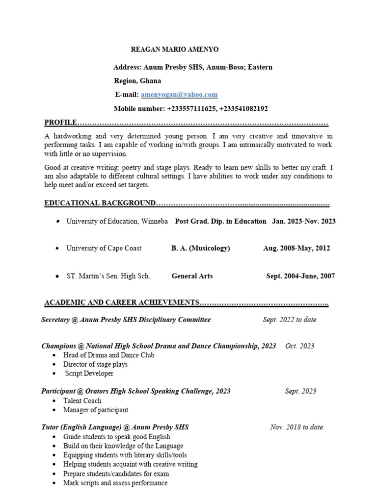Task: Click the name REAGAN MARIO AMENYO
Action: point(174,50)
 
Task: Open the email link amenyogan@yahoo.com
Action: point(179,95)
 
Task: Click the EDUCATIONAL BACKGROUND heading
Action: point(100,203)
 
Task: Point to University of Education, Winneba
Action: point(117,221)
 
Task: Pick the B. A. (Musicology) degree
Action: point(200,248)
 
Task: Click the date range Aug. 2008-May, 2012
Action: point(296,248)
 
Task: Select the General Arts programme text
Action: point(192,276)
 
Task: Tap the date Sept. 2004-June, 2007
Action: point(300,276)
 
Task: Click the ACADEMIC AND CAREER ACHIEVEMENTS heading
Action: point(122,303)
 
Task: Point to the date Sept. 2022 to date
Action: point(290,320)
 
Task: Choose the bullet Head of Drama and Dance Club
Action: point(108,355)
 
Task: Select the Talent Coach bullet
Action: point(82,401)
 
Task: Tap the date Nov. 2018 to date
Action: point(296,427)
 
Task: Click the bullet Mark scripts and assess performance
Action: point(115,483)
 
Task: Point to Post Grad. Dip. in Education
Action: point(221,221)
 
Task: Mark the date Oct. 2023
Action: point(299,346)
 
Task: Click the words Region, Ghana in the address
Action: point(137,81)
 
